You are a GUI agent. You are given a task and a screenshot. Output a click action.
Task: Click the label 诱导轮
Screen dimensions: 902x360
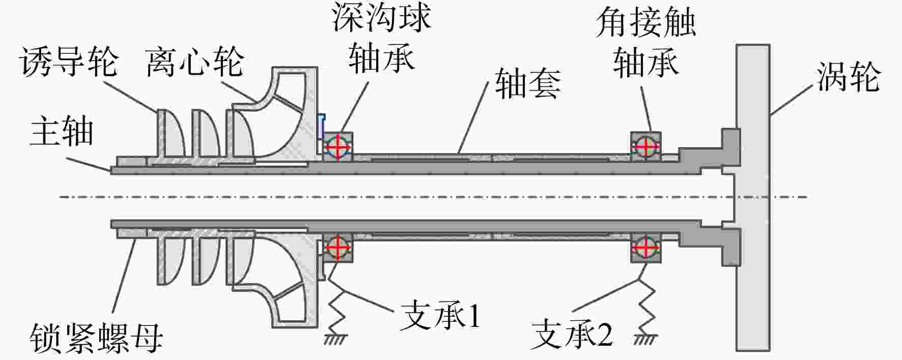pyautogui.click(x=69, y=62)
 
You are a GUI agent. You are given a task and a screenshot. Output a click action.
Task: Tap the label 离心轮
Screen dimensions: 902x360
pyautogui.click(x=195, y=62)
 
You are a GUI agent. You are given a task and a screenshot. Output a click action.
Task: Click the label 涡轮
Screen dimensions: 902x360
pyautogui.click(x=848, y=77)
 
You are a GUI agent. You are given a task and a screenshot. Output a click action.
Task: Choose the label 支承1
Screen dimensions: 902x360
pyautogui.click(x=441, y=316)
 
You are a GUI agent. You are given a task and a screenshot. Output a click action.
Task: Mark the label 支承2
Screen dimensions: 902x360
pyautogui.click(x=572, y=335)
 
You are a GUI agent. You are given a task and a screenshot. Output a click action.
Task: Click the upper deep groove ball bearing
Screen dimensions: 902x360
pyautogui.click(x=338, y=147)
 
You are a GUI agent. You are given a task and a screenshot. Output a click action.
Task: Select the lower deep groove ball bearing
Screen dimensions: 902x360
pyautogui.click(x=338, y=247)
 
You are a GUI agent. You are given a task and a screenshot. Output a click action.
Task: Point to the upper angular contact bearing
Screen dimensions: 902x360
pyautogui.click(x=646, y=147)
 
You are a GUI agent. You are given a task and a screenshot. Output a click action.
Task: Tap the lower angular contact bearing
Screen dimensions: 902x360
pyautogui.click(x=646, y=248)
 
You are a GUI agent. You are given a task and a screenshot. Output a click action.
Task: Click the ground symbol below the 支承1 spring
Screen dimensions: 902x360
pyautogui.click(x=336, y=339)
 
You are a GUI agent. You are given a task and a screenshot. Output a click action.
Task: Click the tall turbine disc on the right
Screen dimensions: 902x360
pyautogui.click(x=753, y=198)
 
